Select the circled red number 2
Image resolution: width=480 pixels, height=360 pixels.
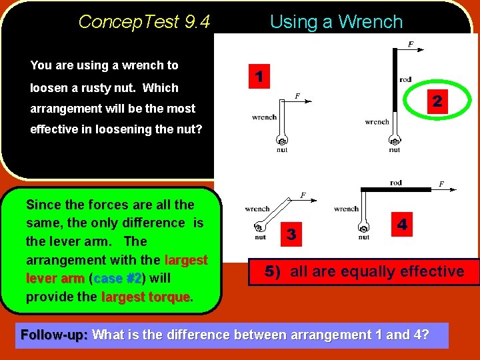pos(437,101)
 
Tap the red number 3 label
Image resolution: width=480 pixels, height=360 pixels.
pos(291,233)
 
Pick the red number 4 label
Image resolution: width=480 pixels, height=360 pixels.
pos(402,225)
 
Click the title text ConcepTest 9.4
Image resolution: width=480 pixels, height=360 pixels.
pos(144,22)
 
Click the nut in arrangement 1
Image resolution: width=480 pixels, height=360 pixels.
pos(282,142)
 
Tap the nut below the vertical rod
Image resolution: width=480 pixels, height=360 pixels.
pos(394,142)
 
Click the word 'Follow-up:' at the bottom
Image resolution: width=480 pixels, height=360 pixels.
pos(55,335)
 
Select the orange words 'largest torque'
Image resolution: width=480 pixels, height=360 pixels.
pos(145,297)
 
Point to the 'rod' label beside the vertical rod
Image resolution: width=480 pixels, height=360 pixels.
pos(405,80)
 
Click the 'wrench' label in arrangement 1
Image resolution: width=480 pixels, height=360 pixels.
pos(264,117)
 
